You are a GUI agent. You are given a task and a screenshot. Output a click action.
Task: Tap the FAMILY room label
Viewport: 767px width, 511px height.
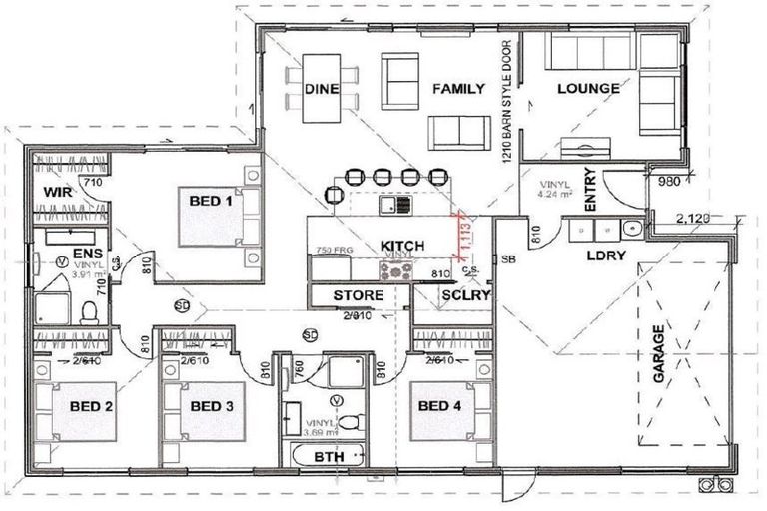tap(458, 89)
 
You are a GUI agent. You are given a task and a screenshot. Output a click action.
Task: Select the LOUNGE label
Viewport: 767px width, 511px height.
tap(588, 89)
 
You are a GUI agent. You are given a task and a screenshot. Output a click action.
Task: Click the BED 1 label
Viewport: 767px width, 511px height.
tap(211, 201)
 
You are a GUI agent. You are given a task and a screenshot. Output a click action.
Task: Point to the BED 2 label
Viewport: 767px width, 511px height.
tap(90, 406)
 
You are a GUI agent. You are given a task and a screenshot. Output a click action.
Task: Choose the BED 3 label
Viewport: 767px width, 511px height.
tap(213, 406)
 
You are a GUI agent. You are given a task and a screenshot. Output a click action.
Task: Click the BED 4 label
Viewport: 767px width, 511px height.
tap(440, 406)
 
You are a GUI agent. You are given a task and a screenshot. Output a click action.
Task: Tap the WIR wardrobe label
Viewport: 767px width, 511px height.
tap(54, 192)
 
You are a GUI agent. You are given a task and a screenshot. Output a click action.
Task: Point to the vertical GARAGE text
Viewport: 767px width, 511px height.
tap(659, 359)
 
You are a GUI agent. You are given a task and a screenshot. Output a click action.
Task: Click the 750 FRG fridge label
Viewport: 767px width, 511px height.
tap(332, 249)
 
